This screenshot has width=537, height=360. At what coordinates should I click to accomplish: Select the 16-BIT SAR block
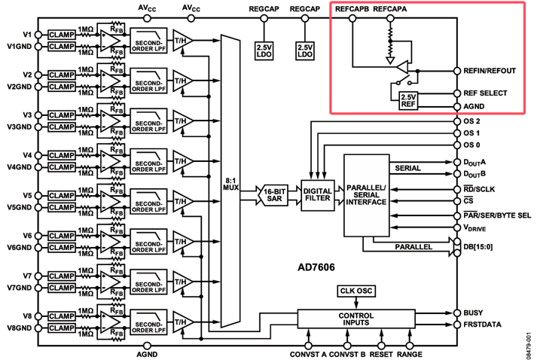[274, 194]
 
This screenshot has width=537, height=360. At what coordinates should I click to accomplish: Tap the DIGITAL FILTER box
[317, 194]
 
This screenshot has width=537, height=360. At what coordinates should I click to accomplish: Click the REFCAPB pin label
[351, 8]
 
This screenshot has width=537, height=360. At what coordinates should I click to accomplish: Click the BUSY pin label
[475, 312]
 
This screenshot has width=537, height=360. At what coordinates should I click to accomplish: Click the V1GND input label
[18, 47]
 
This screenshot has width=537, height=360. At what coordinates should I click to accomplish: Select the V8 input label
[28, 316]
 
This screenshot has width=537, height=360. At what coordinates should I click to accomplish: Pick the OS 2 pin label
[471, 121]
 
